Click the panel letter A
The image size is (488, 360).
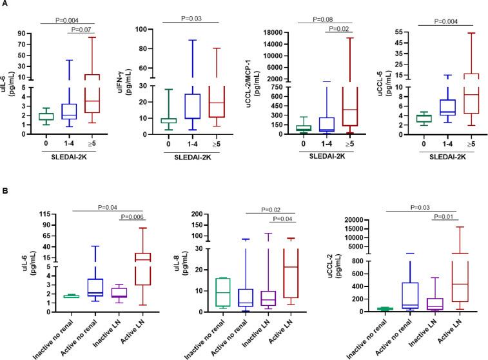pyautogui.click(x=5, y=5)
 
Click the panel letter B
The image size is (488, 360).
pyautogui.click(x=5, y=192)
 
